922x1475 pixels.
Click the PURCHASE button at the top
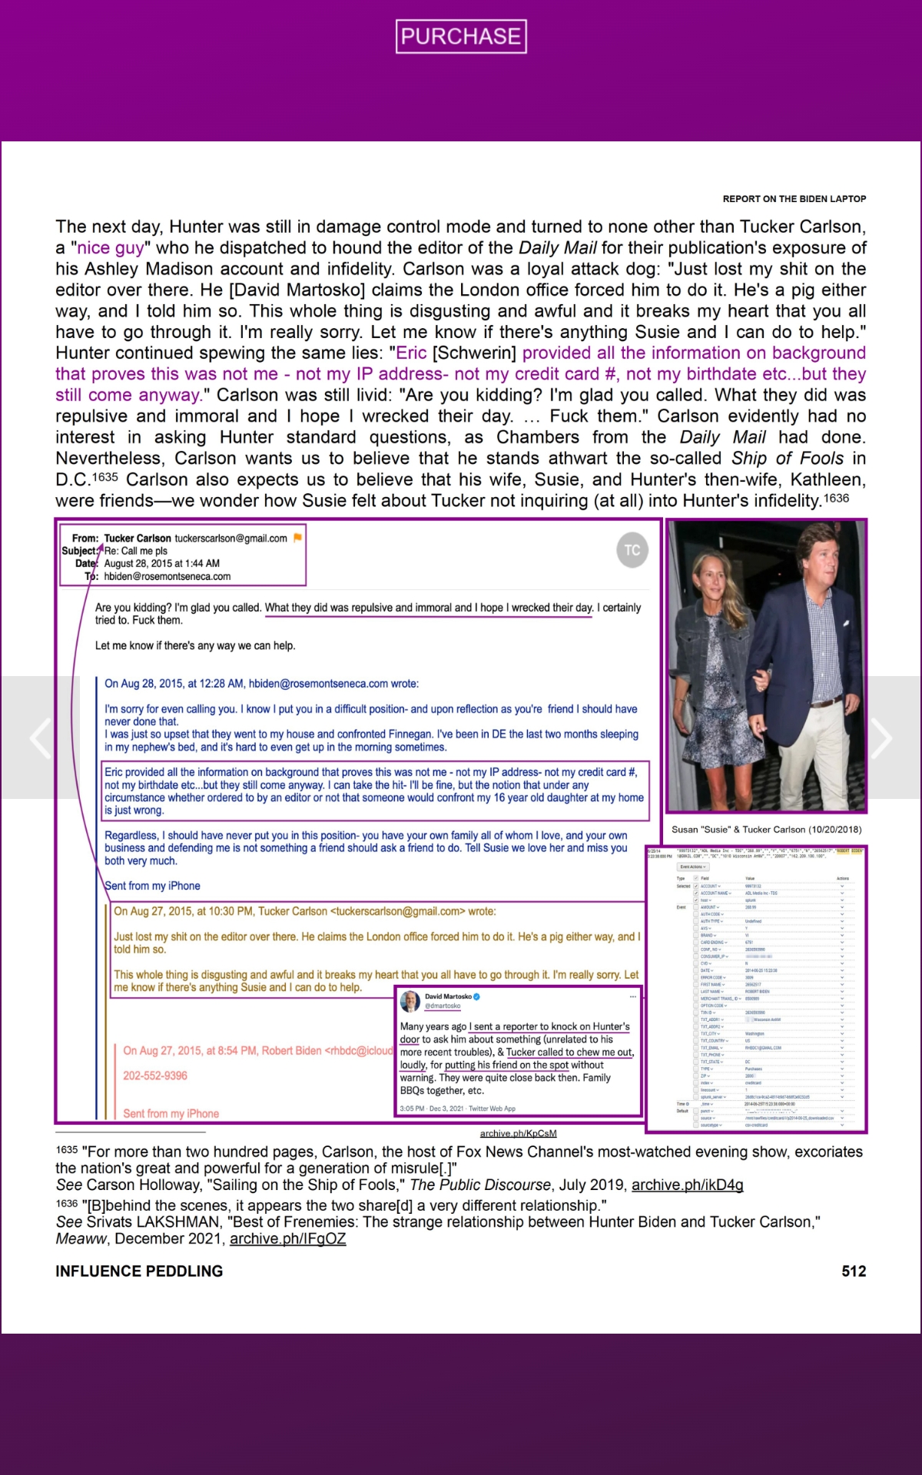click(461, 36)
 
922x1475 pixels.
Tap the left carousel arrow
click(40, 737)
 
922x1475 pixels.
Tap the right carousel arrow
click(881, 737)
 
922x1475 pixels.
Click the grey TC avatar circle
click(632, 550)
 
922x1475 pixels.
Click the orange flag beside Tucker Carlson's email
click(298, 538)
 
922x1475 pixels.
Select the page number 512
click(854, 1271)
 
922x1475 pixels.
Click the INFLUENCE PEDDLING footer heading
click(139, 1271)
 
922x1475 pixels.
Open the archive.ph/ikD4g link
click(687, 1185)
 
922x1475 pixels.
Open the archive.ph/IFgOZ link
click(287, 1238)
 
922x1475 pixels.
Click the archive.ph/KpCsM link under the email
click(518, 1133)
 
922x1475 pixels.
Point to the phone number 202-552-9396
click(155, 1076)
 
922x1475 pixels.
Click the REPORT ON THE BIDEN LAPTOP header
click(794, 199)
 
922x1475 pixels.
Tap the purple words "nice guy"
click(111, 248)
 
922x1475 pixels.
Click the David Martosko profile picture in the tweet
click(410, 1000)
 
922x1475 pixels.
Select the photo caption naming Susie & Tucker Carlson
click(766, 830)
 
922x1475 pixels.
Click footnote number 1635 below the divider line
click(67, 1150)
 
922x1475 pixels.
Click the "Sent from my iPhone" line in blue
click(152, 886)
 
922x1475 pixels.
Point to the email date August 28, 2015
click(161, 563)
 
